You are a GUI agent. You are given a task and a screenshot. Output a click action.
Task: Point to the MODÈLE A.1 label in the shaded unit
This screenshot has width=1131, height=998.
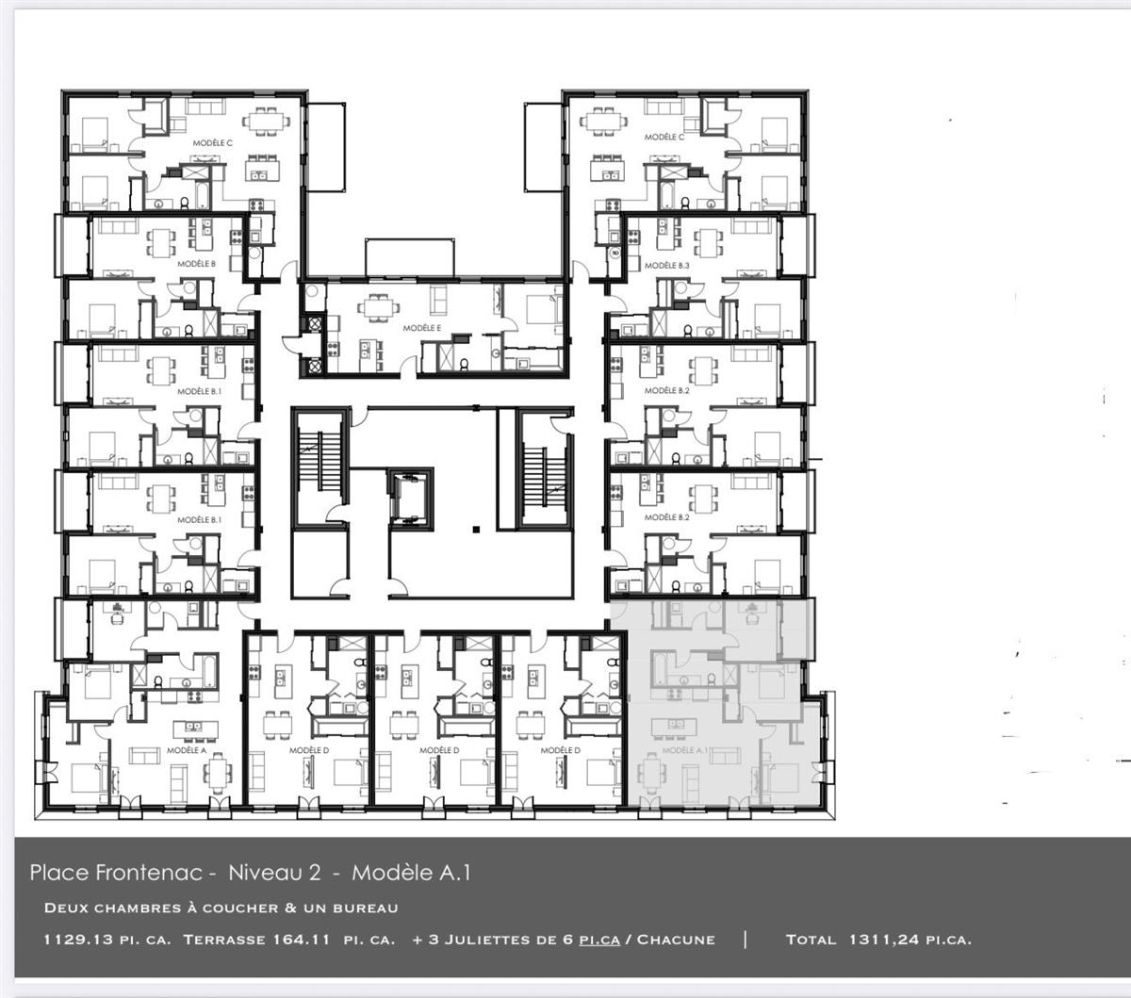(684, 750)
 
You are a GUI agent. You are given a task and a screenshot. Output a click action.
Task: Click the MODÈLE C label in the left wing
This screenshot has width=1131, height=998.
(213, 141)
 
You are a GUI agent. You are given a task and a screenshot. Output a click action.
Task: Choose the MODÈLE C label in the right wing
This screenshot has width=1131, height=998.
(664, 137)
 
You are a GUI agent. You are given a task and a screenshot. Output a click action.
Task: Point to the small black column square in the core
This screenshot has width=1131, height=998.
(476, 530)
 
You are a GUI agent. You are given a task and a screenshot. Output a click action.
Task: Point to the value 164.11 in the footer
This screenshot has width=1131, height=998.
(300, 940)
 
